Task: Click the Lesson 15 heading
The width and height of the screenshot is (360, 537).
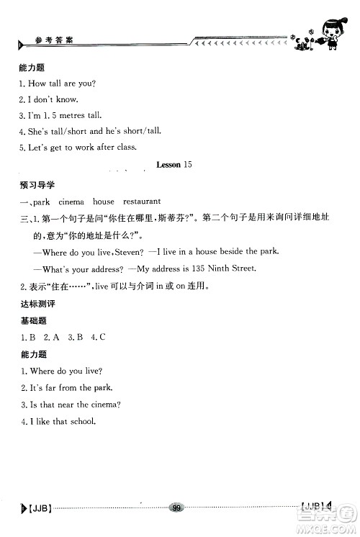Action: click(174, 165)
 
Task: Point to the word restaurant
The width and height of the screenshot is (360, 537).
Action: click(142, 202)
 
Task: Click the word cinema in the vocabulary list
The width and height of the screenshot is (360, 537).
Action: click(72, 202)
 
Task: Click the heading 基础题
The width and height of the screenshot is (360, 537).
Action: click(31, 321)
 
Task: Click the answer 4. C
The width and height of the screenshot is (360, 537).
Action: click(97, 337)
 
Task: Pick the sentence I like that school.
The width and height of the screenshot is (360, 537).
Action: click(60, 421)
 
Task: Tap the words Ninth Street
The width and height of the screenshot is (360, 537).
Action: click(234, 268)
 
